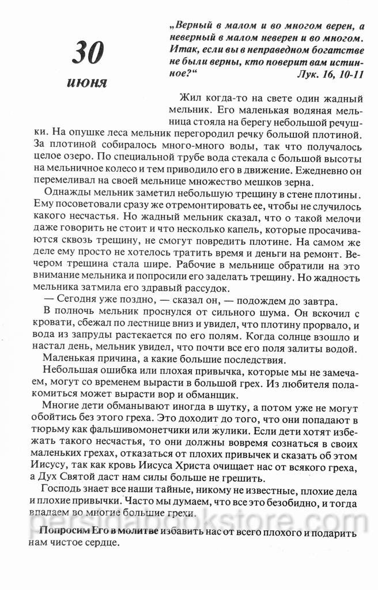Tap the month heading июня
(x=87, y=82)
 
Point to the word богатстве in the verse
(x=338, y=50)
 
